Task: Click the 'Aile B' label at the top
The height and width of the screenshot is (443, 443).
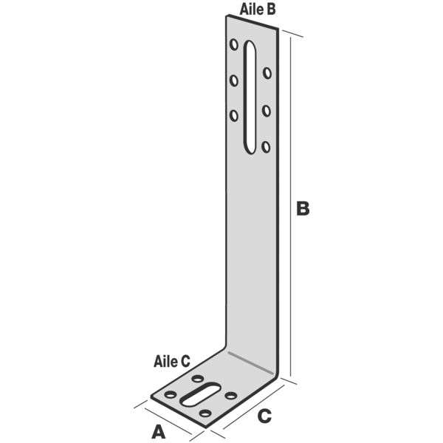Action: [258, 10]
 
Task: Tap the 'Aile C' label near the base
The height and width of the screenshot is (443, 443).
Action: [172, 361]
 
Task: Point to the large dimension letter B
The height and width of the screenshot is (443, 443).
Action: [303, 208]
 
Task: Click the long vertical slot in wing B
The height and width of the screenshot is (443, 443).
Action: [250, 97]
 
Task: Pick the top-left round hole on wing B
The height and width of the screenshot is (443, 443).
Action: [234, 44]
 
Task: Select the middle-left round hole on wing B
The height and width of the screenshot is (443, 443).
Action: [234, 80]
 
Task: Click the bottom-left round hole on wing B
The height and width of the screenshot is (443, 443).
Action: [234, 116]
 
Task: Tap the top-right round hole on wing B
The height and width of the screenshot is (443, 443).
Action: [267, 73]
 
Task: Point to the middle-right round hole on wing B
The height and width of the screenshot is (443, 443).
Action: [266, 111]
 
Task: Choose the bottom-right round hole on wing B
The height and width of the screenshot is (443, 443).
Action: [266, 147]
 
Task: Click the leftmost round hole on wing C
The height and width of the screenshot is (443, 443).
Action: [171, 394]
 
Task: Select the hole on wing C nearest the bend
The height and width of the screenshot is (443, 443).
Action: [197, 379]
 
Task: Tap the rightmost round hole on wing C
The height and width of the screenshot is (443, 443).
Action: [231, 396]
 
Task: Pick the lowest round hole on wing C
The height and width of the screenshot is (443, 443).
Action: [205, 413]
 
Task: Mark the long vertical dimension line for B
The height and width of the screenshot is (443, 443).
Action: [291, 207]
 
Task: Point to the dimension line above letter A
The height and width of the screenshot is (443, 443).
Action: [168, 421]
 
